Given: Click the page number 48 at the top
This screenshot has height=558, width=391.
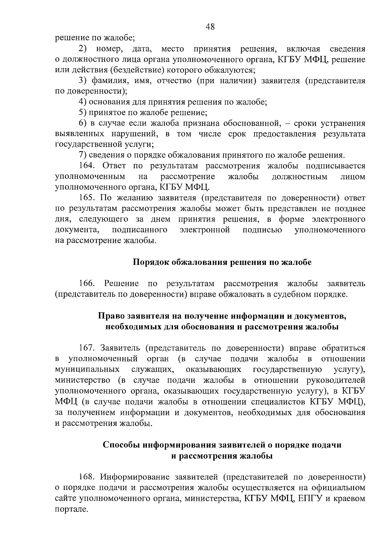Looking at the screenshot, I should [210, 27].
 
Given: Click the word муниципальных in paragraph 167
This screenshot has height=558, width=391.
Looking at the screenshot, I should [87, 370].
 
